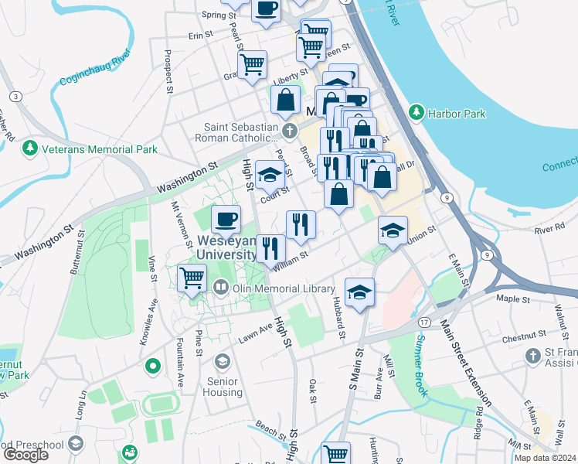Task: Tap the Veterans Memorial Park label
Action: coord(100,149)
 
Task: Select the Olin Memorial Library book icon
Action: coord(221,288)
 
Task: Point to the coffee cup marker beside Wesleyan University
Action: coord(225,219)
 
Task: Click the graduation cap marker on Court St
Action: coord(269,175)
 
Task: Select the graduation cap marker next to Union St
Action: coord(393,230)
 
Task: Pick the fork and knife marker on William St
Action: coord(270,248)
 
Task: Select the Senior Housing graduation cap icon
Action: coord(223,361)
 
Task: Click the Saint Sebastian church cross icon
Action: coord(289,129)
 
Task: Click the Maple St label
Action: coord(512,298)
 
